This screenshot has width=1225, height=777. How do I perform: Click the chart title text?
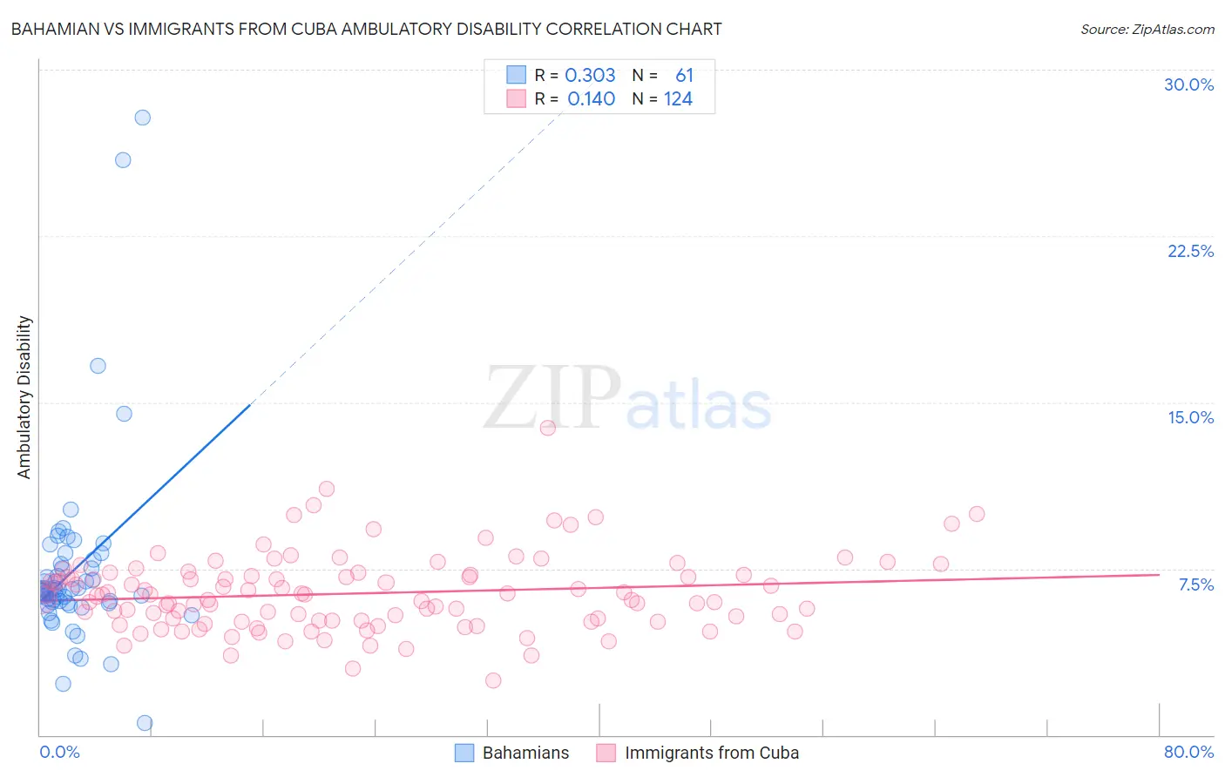click(x=366, y=29)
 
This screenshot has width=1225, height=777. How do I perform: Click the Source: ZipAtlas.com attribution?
click(x=1147, y=29)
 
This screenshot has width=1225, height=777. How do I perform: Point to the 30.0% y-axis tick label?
click(x=1188, y=84)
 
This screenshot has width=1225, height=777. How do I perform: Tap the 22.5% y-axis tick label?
click(x=1190, y=251)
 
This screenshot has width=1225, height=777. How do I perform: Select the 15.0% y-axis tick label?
click(x=1190, y=417)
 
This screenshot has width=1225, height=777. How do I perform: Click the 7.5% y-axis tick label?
click(x=1195, y=584)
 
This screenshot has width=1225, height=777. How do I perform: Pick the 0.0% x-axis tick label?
click(x=59, y=752)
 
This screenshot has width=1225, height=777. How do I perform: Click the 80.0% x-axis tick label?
click(x=1188, y=752)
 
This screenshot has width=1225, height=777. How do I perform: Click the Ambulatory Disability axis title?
click(x=24, y=397)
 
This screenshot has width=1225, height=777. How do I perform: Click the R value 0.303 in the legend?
click(x=590, y=76)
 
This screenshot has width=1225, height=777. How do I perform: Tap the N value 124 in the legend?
click(x=678, y=99)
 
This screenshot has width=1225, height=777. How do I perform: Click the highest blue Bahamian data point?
click(x=142, y=118)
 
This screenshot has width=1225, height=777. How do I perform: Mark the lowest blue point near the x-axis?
click(x=145, y=723)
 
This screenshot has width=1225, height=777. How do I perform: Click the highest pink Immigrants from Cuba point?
click(x=548, y=428)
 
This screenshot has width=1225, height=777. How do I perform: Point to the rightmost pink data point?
click(x=977, y=514)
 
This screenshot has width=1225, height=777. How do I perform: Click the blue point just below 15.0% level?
click(x=124, y=414)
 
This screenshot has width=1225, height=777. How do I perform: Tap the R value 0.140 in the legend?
click(x=591, y=99)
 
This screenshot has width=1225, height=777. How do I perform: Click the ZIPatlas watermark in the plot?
click(x=627, y=400)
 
